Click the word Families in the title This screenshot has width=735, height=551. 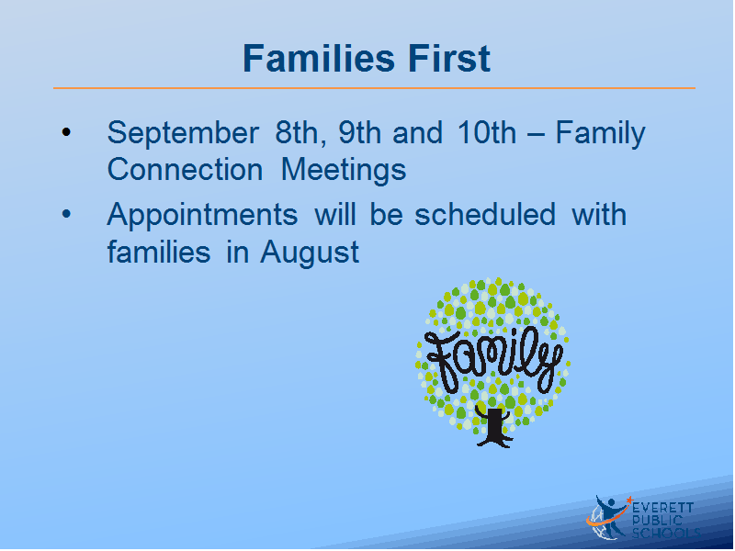coord(319,59)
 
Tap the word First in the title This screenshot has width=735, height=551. coord(449,59)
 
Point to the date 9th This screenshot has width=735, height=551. coord(359,132)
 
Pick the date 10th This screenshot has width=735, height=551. coord(487,132)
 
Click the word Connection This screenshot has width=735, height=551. coord(185,169)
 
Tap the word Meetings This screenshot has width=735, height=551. coord(344,171)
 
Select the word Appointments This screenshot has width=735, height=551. coord(202,216)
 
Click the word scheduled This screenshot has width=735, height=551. coord(485,215)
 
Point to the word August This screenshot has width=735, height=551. coord(310,253)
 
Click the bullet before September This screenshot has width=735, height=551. coord(66,131)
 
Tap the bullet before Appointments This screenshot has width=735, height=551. coord(66,214)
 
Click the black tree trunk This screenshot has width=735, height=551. coord(494,427)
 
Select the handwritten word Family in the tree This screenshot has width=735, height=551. coord(493,360)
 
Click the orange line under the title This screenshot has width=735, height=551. coord(374,87)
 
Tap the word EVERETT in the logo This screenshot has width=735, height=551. coord(662,508)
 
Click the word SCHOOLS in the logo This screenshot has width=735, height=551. coord(666,534)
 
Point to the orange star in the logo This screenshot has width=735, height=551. coord(629,500)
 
